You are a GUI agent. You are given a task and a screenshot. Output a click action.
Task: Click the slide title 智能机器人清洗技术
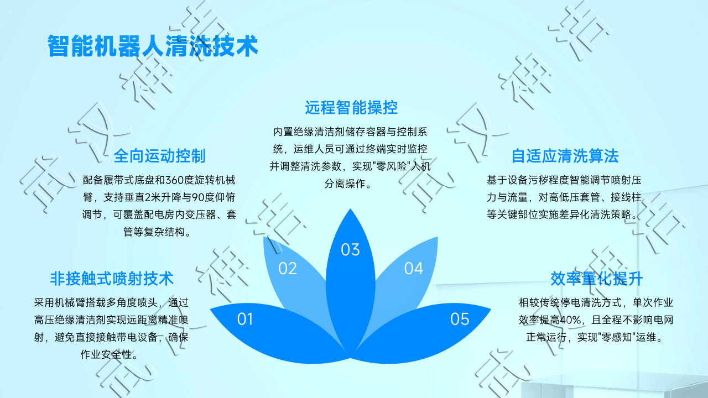pos(153,46)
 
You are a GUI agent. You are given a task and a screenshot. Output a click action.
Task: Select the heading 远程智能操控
pos(351,107)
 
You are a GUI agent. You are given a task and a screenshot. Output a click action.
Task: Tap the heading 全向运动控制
pos(160,156)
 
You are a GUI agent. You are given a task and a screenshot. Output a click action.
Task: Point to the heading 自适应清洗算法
pos(565,156)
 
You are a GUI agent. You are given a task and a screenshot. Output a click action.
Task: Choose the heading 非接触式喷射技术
pos(112,279)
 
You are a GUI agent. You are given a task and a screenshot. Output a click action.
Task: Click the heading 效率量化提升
pos(596,279)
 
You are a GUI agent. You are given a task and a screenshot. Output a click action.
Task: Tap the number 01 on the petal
pos(245,319)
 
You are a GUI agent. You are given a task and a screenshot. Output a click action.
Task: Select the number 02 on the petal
pos(287,269)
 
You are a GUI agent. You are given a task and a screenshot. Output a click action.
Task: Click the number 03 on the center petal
pos(350,249)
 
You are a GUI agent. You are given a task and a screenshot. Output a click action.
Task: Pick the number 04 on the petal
pos(413,269)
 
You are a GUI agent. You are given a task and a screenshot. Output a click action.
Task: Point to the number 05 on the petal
pos(460,319)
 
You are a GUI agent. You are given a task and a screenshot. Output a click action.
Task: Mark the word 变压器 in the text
pos(201,215)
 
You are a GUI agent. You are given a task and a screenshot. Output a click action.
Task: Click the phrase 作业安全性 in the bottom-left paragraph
pos(106,354)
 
